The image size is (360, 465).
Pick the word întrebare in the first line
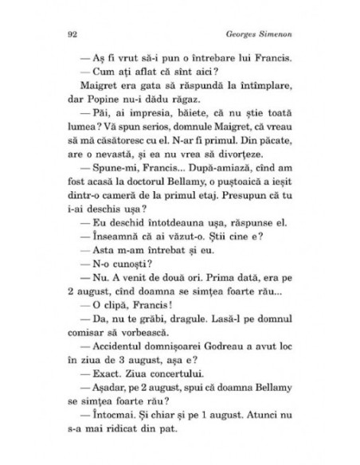pyautogui.click(x=199, y=60)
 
